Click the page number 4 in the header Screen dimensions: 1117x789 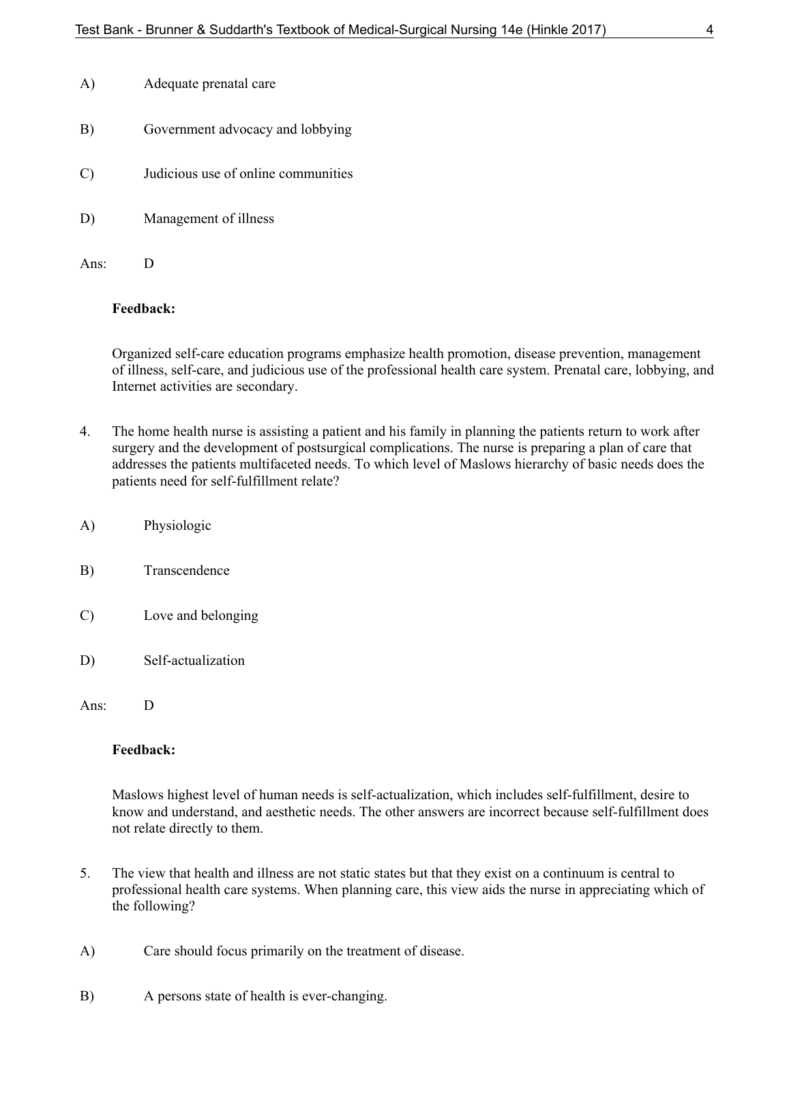(x=710, y=29)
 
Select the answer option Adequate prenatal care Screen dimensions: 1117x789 (x=209, y=84)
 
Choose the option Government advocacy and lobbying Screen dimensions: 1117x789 (x=248, y=129)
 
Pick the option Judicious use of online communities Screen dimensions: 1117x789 (x=248, y=174)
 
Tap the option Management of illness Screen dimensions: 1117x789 (x=209, y=219)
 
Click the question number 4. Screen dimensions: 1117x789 (x=85, y=432)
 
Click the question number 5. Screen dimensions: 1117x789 (x=85, y=874)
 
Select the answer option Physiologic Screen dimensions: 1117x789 (x=177, y=526)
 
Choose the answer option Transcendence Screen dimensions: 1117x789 (x=186, y=571)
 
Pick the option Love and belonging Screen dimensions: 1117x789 (x=200, y=616)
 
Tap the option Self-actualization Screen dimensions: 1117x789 (x=194, y=661)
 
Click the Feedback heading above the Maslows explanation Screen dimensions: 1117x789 (x=143, y=750)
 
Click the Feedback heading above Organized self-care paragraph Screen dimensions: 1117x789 (x=143, y=309)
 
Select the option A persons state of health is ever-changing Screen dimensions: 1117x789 (x=265, y=996)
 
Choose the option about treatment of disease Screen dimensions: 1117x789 (x=303, y=951)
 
